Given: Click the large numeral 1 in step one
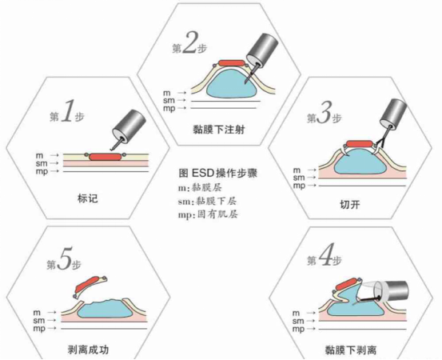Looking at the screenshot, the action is point(67,111).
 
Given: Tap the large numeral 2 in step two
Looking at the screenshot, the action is point(189,43).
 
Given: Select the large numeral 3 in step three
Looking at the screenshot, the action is point(324,113).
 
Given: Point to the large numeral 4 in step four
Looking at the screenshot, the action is point(325,256).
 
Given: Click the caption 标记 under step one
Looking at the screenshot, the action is point(87,198).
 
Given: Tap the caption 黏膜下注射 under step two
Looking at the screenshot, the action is point(219,130).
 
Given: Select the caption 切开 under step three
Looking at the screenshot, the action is point(350,204).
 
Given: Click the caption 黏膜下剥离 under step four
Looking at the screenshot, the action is point(351,350).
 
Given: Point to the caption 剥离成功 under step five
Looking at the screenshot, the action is point(88,350).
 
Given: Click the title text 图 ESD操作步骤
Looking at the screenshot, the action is point(218,174).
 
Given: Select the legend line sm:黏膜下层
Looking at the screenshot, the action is point(207,202).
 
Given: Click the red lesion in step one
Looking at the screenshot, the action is point(106,157).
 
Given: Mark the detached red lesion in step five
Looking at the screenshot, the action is point(87,285).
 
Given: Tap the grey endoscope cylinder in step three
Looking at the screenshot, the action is point(394,113).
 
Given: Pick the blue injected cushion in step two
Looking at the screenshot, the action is point(232,83).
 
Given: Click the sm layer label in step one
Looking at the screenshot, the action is point(42,163).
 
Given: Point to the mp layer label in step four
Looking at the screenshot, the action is point(298,330).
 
